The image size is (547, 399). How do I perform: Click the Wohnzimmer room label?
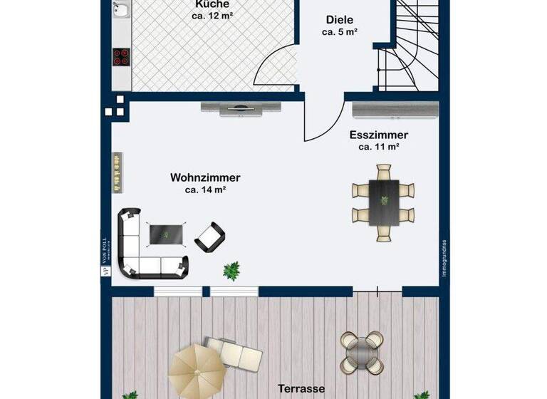pos(205,177)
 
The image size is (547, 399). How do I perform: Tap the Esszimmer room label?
pos(378,135)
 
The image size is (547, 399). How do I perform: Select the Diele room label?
pos(339,20)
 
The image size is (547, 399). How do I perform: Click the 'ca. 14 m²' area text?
pos(205,190)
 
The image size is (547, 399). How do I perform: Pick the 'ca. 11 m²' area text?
pos(378,147)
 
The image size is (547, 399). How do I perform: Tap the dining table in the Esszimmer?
pos(384,202)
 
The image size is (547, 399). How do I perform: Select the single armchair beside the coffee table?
pos(210,236)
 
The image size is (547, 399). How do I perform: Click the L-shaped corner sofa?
pos(142,249)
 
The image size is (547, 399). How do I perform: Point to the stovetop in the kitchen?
pos(121,57)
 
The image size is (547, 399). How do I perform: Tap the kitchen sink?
pos(122,9)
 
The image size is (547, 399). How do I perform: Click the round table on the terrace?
pos(363,352)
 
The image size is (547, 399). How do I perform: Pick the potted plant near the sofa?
pos(231,270)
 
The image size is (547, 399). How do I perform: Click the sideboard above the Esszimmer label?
pos(396,109)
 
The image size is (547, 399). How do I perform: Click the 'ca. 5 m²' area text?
pos(339,32)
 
